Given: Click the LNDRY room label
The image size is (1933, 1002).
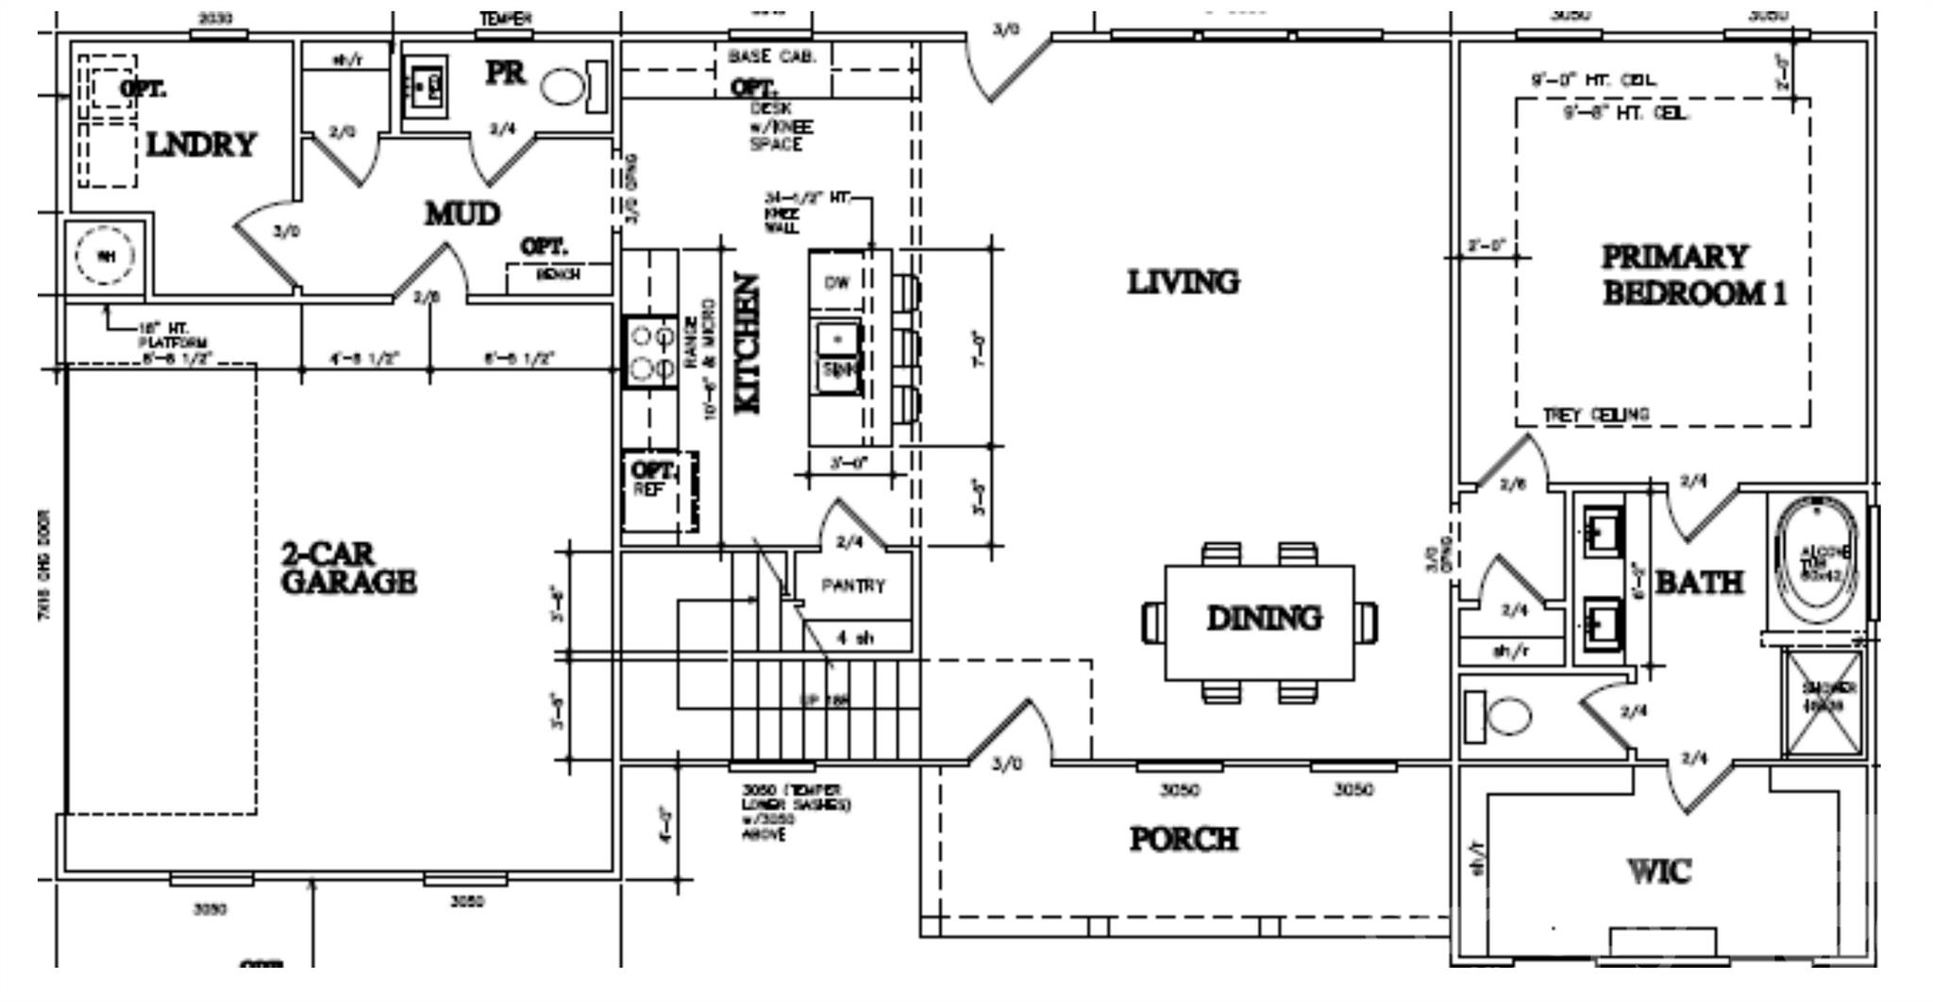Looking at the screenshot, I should [x=201, y=145].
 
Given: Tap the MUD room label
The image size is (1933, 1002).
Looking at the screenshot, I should [x=462, y=214].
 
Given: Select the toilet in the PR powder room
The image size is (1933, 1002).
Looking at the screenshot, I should [x=563, y=88].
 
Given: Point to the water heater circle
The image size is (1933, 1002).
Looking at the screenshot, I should [x=105, y=256].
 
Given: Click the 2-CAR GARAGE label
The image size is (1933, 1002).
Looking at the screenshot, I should [x=347, y=568].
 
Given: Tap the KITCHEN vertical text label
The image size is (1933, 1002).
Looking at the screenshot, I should [x=747, y=343].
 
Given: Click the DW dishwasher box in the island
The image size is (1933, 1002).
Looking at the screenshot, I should [x=836, y=282].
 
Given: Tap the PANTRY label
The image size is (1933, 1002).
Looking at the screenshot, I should [x=853, y=586].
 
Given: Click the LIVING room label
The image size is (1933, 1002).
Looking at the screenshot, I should [x=1183, y=281].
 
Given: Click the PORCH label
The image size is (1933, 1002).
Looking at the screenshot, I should [x=1184, y=839].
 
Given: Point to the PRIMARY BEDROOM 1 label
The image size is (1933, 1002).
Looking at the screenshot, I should [x=1693, y=275].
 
